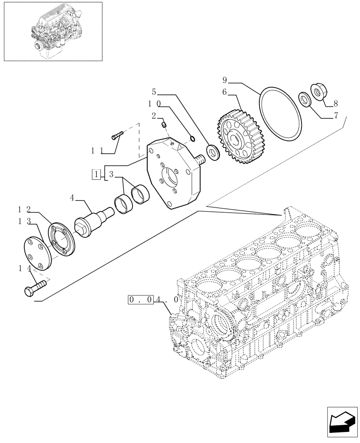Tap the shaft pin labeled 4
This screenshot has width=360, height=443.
(x=94, y=218)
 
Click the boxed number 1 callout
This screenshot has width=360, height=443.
(x=96, y=174)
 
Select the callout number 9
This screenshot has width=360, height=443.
(x=225, y=80)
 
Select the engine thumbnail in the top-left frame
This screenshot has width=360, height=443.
(x=52, y=31)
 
